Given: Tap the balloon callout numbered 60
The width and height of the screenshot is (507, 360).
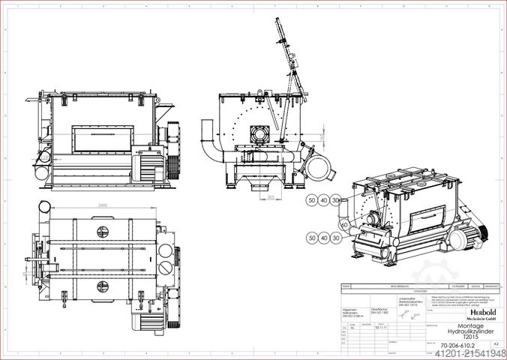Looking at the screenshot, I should [x=344, y=224].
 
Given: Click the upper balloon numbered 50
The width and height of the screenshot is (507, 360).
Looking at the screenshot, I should [x=311, y=200].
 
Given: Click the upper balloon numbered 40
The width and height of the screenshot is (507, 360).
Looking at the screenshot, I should [x=324, y=200].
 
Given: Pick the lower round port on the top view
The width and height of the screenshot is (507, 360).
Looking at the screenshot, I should [x=103, y=285].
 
